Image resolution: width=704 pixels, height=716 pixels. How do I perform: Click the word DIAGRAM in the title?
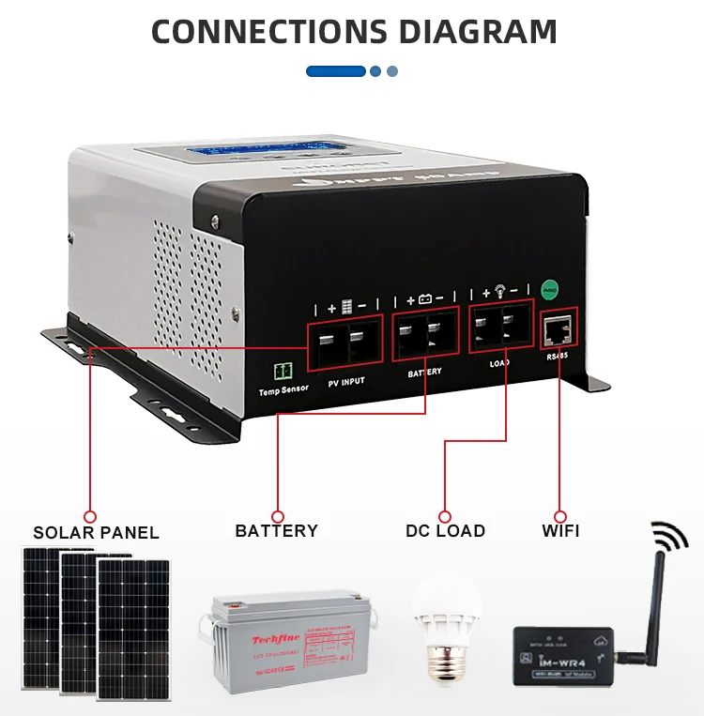(479, 32)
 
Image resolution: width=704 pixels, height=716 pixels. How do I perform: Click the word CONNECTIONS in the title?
(273, 32)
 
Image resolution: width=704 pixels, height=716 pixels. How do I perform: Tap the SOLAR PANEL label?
(96, 533)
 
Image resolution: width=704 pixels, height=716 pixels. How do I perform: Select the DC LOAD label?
(445, 531)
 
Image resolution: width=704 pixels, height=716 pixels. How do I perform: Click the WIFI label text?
(560, 531)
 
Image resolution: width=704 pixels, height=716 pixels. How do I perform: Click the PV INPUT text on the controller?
(346, 381)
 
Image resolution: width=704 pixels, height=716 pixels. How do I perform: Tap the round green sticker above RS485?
(550, 289)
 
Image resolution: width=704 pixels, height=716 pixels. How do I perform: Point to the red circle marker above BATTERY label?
(277, 515)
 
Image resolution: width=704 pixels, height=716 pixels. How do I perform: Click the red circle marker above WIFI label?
(560, 515)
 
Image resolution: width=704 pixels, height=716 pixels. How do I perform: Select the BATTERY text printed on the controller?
(424, 373)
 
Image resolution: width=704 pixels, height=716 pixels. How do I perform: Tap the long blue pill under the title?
(335, 71)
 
